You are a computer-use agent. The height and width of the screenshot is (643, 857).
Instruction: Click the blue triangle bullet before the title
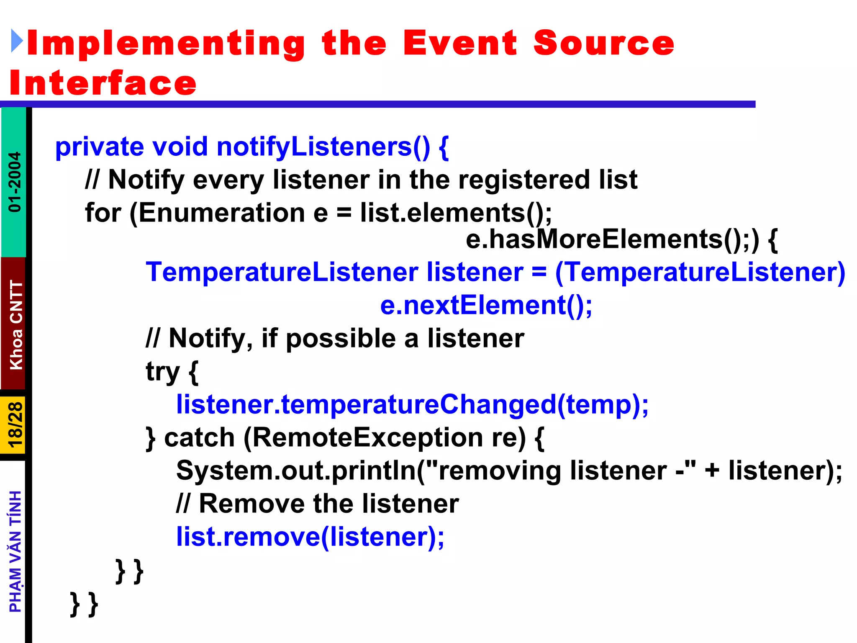[x=17, y=41]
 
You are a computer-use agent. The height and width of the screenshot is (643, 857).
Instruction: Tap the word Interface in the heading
[x=103, y=83]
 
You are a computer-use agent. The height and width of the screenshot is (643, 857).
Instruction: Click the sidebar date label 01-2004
[x=15, y=182]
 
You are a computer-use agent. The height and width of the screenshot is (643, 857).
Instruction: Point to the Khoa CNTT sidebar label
[x=16, y=325]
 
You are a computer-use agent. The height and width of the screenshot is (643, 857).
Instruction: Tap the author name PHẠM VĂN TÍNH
[x=15, y=551]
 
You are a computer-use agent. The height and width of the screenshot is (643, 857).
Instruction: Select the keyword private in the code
[x=100, y=147]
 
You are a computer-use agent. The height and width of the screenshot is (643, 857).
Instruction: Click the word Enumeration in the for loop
[x=221, y=213]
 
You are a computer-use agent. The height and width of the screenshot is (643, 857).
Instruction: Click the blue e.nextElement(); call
[x=486, y=305]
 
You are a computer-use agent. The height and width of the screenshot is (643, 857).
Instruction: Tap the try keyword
[x=162, y=371]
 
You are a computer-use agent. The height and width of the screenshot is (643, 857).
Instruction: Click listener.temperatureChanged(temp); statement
[x=412, y=404]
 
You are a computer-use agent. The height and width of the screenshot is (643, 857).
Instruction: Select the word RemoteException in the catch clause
[x=367, y=437]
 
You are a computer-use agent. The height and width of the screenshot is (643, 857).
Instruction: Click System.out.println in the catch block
[x=295, y=471]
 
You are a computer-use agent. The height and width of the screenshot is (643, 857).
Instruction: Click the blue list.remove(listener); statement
[x=310, y=537]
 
